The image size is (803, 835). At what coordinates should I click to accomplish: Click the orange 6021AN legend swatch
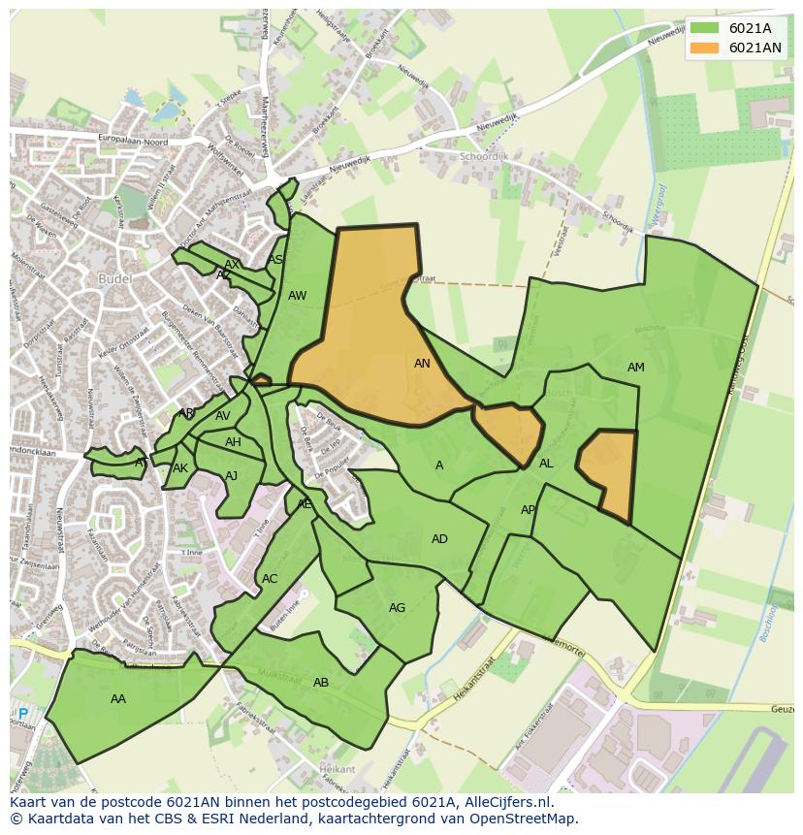[705, 48]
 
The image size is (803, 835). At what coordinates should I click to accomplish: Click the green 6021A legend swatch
[705, 28]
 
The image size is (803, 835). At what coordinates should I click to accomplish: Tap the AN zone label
[422, 364]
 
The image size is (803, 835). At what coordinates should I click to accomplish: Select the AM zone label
[635, 368]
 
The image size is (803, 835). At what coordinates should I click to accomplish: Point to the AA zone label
[118, 698]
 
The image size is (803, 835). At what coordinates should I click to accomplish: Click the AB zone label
[321, 683]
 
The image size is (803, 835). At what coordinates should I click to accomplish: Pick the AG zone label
[397, 608]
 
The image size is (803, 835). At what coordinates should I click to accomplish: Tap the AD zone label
[439, 539]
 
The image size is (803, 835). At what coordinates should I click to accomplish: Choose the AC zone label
[270, 579]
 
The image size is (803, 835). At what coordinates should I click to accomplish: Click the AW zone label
[297, 296]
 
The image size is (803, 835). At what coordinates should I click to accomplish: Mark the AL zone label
[546, 464]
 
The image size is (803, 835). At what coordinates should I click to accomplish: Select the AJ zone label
[231, 476]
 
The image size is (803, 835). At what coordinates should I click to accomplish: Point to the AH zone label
[233, 442]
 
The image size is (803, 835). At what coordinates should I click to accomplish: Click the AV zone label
[223, 416]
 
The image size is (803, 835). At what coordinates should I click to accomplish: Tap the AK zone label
[180, 468]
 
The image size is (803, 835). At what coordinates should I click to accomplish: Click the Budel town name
[114, 278]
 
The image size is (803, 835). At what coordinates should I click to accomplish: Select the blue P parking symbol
[23, 714]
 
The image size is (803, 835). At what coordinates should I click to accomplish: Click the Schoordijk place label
[484, 156]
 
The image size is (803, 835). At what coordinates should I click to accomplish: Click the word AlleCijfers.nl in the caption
[503, 802]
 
